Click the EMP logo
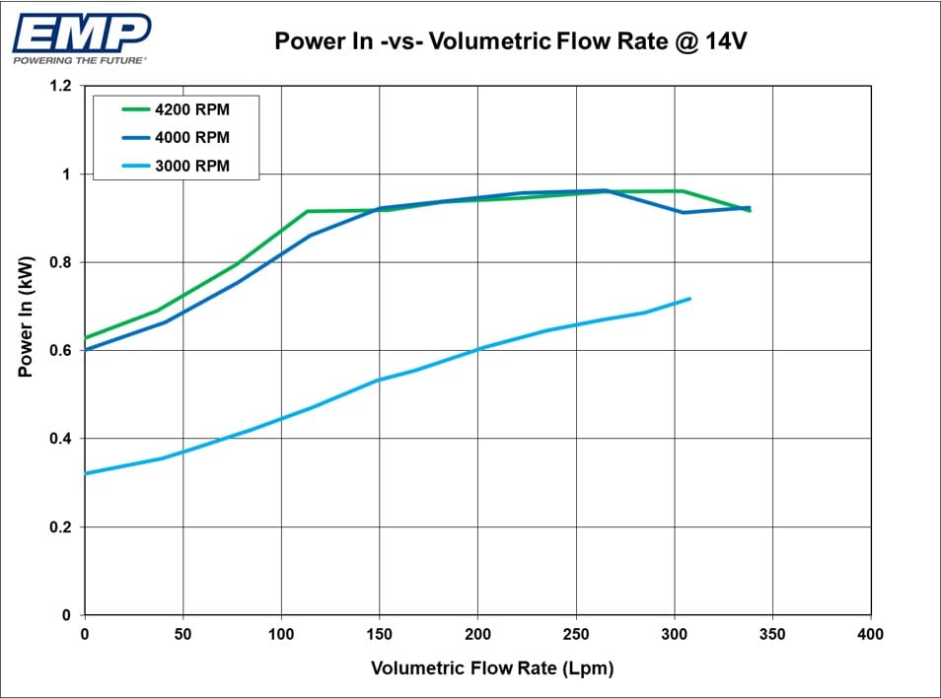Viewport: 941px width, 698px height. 81,33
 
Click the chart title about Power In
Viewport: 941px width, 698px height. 504,41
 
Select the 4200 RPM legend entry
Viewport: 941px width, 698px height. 191,109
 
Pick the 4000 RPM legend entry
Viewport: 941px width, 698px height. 191,138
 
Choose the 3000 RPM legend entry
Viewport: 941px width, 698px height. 191,166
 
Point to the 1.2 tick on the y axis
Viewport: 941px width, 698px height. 60,86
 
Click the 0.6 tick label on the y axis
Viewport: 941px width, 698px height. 60,351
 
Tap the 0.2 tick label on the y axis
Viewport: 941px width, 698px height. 60,527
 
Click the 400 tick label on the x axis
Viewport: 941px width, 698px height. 871,634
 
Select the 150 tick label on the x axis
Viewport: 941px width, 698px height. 380,634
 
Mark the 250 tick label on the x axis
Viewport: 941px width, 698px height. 576,634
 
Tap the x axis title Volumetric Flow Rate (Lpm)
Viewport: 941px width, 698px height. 492,668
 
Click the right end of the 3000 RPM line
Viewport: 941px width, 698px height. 689,299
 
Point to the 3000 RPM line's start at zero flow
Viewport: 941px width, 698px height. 86,473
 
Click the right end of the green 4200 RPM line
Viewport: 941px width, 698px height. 750,210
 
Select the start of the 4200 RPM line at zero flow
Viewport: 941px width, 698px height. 86,338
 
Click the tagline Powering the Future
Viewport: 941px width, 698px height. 80,60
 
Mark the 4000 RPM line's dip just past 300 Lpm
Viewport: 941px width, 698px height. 682,212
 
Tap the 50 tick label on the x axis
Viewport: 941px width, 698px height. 183,634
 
